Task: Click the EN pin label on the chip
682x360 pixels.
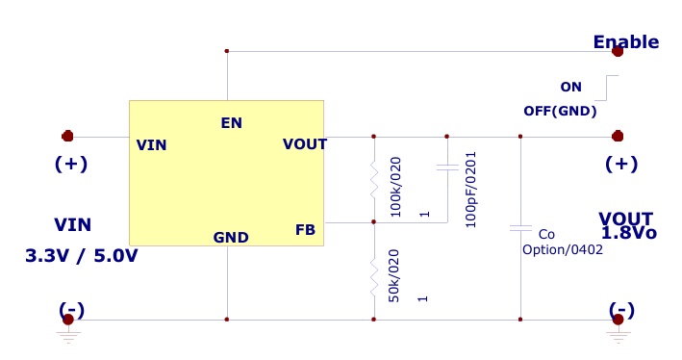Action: [231, 122]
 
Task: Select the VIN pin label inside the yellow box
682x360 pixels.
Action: [151, 145]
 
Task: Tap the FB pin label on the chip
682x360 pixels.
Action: [305, 229]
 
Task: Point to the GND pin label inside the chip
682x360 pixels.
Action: [231, 237]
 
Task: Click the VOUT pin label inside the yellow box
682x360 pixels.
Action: [304, 144]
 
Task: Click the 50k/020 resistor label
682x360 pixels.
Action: [393, 276]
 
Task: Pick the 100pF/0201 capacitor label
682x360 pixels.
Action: [470, 188]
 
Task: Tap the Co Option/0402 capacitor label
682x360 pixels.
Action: [562, 242]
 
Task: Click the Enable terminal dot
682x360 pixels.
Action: [617, 52]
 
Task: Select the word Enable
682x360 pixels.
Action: [625, 42]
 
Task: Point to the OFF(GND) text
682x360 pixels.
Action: [560, 111]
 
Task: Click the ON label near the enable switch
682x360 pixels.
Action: [570, 87]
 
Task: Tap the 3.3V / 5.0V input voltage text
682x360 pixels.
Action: [82, 256]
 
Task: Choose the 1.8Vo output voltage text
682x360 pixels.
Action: [628, 233]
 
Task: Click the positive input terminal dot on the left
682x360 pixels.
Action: [67, 137]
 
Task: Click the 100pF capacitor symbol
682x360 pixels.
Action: [446, 168]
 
